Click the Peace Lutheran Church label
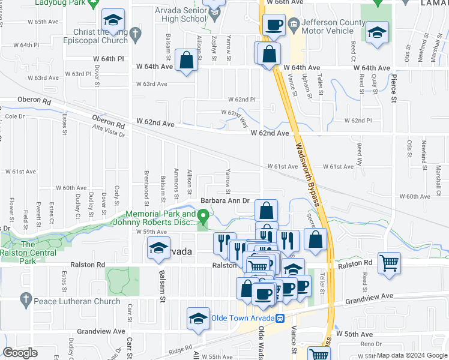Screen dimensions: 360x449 [77, 298]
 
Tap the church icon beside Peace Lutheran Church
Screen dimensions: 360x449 [25, 298]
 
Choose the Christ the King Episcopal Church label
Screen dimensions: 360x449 [100, 36]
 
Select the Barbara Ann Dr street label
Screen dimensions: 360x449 [224, 201]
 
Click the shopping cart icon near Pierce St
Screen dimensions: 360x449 [390, 262]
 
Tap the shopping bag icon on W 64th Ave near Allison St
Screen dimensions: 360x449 [187, 60]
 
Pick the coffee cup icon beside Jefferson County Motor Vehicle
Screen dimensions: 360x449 [274, 25]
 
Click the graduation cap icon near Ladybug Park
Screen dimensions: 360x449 [112, 20]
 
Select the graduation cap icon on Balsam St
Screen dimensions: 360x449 [158, 249]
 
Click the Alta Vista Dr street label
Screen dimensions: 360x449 [108, 131]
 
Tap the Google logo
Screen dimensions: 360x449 [20, 353]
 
